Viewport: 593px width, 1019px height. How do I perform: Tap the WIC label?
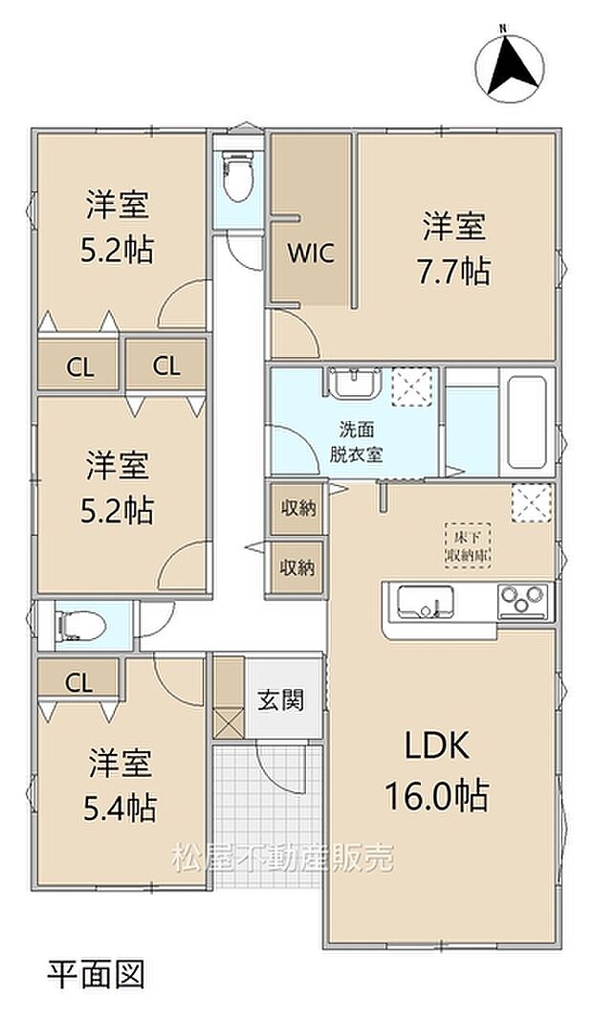[x=311, y=254]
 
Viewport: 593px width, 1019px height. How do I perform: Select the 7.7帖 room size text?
[x=454, y=271]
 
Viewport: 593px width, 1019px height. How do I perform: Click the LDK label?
[x=437, y=745]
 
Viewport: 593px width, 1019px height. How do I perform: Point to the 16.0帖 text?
[x=436, y=795]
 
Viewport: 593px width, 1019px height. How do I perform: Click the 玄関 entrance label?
[x=281, y=700]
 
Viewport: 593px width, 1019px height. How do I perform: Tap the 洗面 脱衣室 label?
[x=356, y=442]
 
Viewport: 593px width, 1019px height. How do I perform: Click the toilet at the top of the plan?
[x=238, y=174]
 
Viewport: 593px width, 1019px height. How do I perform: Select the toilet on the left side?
[x=80, y=626]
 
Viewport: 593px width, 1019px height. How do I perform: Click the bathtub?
[x=527, y=421]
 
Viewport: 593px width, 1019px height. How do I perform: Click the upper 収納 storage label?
[x=297, y=508]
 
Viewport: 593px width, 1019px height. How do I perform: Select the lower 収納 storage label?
[x=297, y=568]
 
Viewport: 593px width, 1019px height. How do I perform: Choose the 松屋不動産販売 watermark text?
[x=283, y=858]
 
